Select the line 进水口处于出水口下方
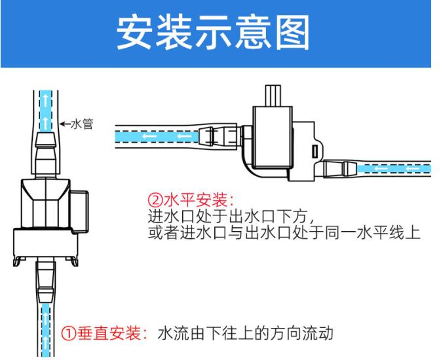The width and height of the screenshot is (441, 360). (233, 215)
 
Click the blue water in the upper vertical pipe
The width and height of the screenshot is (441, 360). (44, 108)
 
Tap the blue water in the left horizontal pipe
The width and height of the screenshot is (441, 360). (157, 137)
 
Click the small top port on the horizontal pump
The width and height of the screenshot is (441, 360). (273, 98)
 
